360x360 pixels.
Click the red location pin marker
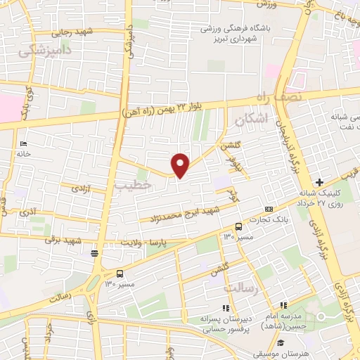(181, 165)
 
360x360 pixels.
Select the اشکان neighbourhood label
(253, 120)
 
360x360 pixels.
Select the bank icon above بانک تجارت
(269, 210)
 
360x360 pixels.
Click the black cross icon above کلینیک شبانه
(319, 182)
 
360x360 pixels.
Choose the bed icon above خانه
(24, 143)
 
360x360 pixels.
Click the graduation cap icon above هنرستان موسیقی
(281, 343)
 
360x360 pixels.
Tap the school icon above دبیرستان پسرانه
(225, 307)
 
